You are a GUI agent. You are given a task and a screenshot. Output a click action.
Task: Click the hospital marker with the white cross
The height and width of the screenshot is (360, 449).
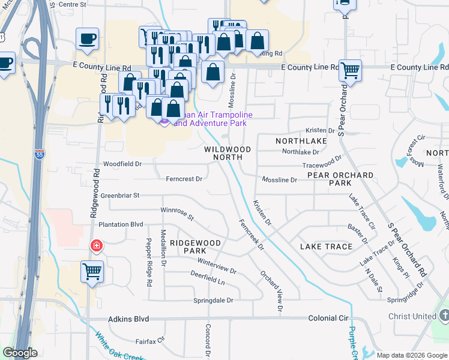pyautogui.click(x=95, y=245)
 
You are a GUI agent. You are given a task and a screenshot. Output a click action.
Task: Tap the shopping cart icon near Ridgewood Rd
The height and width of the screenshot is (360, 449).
pyautogui.click(x=92, y=271)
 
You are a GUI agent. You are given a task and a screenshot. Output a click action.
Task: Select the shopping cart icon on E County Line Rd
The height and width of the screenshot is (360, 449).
pyautogui.click(x=350, y=71)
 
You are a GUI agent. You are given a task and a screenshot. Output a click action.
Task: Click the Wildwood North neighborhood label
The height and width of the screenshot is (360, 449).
pyautogui.click(x=227, y=153)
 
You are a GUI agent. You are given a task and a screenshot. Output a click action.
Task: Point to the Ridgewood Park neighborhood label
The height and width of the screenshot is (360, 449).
pyautogui.click(x=195, y=247)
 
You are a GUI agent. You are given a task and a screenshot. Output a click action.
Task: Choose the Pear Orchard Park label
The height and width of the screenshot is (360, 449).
pyautogui.click(x=340, y=179)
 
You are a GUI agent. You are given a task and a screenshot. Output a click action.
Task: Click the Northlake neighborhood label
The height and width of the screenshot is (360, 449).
pyautogui.click(x=301, y=140)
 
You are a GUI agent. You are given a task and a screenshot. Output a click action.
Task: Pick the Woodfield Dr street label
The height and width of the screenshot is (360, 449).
pyautogui.click(x=122, y=163)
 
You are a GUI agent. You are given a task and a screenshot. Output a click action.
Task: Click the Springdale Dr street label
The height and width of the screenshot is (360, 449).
pyautogui.click(x=212, y=300)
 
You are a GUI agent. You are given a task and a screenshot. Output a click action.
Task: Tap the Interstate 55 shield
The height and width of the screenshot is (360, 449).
pyautogui.click(x=40, y=154)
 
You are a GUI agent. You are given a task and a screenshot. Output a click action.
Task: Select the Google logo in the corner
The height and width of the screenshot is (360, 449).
pyautogui.click(x=20, y=353)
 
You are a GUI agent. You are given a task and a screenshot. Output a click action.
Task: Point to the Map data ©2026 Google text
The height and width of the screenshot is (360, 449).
pyautogui.click(x=411, y=355)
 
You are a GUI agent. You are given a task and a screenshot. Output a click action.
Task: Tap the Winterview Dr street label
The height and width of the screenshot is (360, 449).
pyautogui.click(x=217, y=266)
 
